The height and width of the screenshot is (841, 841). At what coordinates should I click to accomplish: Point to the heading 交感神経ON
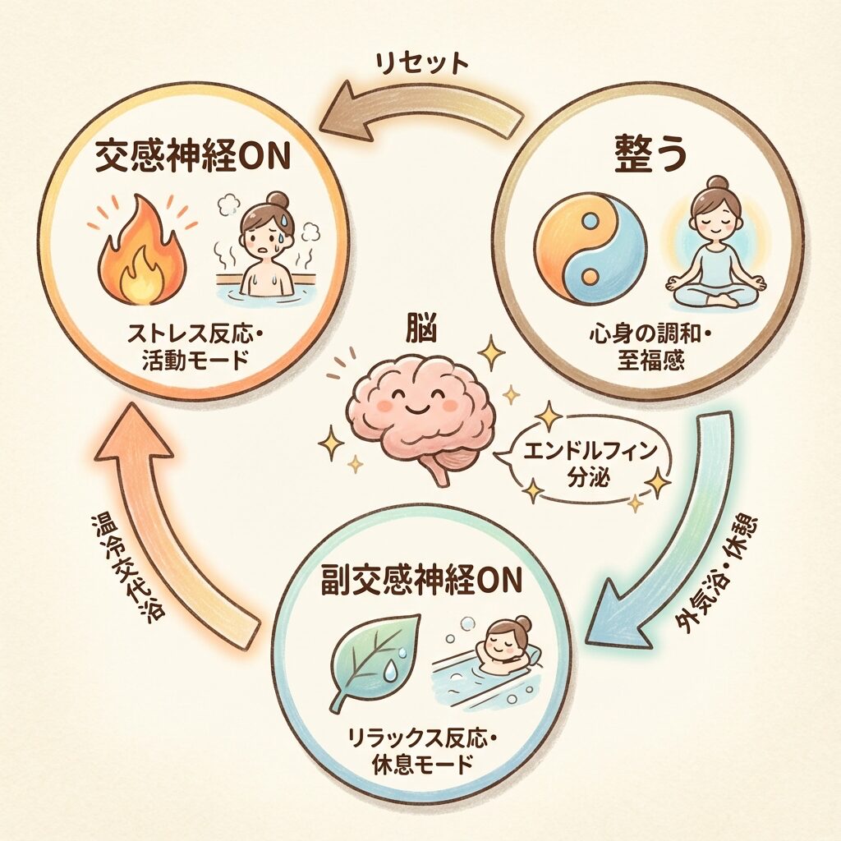tap(191, 156)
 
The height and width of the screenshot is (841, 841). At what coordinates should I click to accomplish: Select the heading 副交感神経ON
tap(420, 580)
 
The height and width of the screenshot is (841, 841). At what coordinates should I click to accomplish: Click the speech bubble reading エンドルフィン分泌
tap(587, 462)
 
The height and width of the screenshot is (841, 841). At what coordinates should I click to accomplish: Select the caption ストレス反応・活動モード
tap(190, 348)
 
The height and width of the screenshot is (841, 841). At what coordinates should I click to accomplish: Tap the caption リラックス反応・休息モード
tap(420, 753)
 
